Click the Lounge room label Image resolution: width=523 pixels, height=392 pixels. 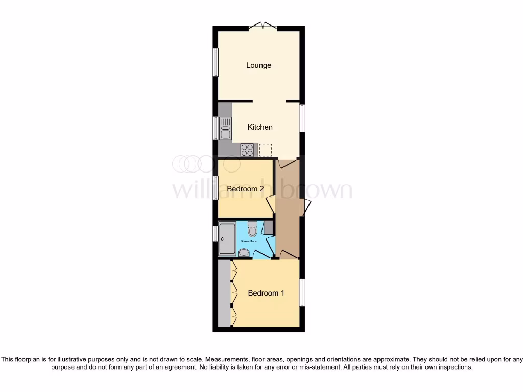[258, 65]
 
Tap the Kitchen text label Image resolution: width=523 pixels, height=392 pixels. [260, 127]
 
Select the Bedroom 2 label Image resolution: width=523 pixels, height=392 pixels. [245, 189]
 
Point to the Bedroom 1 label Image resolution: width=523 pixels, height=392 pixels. [266, 293]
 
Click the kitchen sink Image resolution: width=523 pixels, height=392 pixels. [225, 128]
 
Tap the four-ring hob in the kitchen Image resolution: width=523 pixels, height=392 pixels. [247, 150]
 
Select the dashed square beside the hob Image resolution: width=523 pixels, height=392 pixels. [266, 150]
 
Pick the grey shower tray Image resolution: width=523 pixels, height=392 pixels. [227, 239]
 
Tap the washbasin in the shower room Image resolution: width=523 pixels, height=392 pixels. [244, 252]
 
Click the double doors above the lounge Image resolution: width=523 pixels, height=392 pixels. [264, 26]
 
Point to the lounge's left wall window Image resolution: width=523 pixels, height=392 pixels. [216, 63]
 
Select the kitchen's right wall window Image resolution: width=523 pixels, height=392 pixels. [302, 118]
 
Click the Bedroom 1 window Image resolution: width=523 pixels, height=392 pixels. [302, 292]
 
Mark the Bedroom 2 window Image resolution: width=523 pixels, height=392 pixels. [216, 189]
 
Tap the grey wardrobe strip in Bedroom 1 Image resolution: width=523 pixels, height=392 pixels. [224, 293]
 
